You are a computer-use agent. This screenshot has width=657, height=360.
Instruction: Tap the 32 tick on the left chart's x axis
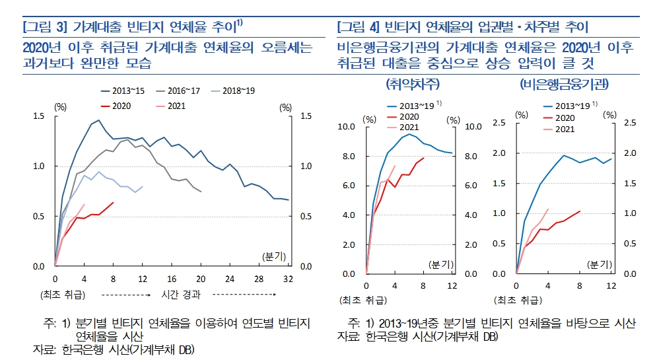pos(288,279)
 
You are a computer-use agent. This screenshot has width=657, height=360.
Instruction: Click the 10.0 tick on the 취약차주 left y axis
pos(347,126)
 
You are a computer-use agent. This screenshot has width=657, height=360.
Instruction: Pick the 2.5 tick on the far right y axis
pos(629,123)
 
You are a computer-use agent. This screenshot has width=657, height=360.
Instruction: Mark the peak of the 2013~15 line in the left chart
pos(98,120)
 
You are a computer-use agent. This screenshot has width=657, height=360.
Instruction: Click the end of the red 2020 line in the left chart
pos(114,202)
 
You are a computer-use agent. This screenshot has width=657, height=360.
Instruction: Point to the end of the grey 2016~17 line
pos(201,192)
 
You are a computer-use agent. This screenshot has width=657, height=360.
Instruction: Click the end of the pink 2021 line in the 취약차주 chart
pos(395,166)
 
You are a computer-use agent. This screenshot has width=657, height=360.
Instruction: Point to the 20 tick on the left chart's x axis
pos(201,279)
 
